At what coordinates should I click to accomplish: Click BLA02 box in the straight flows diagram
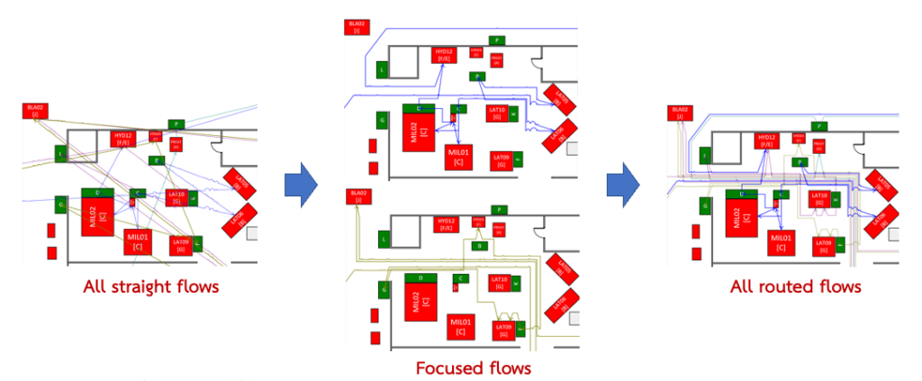pyautogui.click(x=35, y=111)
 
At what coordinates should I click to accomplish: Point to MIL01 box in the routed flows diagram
pyautogui.click(x=781, y=242)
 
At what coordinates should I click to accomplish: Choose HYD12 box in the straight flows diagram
pyautogui.click(x=122, y=139)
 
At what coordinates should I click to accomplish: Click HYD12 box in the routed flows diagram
pyautogui.click(x=766, y=140)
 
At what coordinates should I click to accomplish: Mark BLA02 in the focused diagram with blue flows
pyautogui.click(x=357, y=26)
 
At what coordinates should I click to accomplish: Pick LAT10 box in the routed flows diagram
pyautogui.click(x=818, y=199)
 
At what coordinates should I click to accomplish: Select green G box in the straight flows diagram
pyautogui.click(x=61, y=205)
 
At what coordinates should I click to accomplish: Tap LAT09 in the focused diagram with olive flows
pyautogui.click(x=502, y=331)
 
